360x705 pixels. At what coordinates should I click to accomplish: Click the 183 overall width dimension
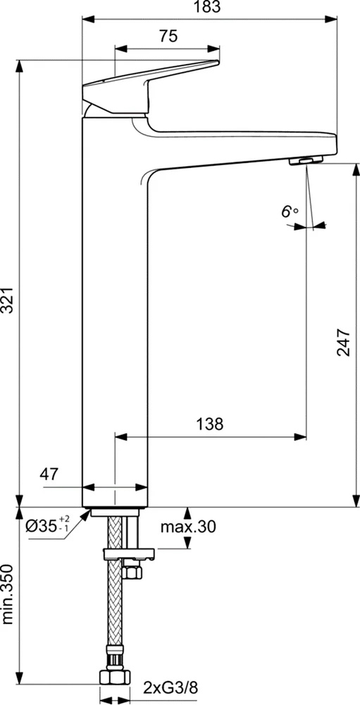tap(209, 8)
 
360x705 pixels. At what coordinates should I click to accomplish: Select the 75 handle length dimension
tap(168, 37)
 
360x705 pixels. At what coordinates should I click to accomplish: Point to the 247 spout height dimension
tap(342, 342)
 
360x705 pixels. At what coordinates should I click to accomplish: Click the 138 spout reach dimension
tap(209, 424)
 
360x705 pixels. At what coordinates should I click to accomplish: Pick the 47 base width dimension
tap(49, 474)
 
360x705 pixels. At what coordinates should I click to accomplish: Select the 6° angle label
tap(290, 211)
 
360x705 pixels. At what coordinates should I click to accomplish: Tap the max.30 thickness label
tap(187, 527)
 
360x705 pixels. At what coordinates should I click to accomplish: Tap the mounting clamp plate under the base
tap(128, 553)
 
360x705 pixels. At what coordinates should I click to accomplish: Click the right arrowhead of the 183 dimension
tap(334, 18)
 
